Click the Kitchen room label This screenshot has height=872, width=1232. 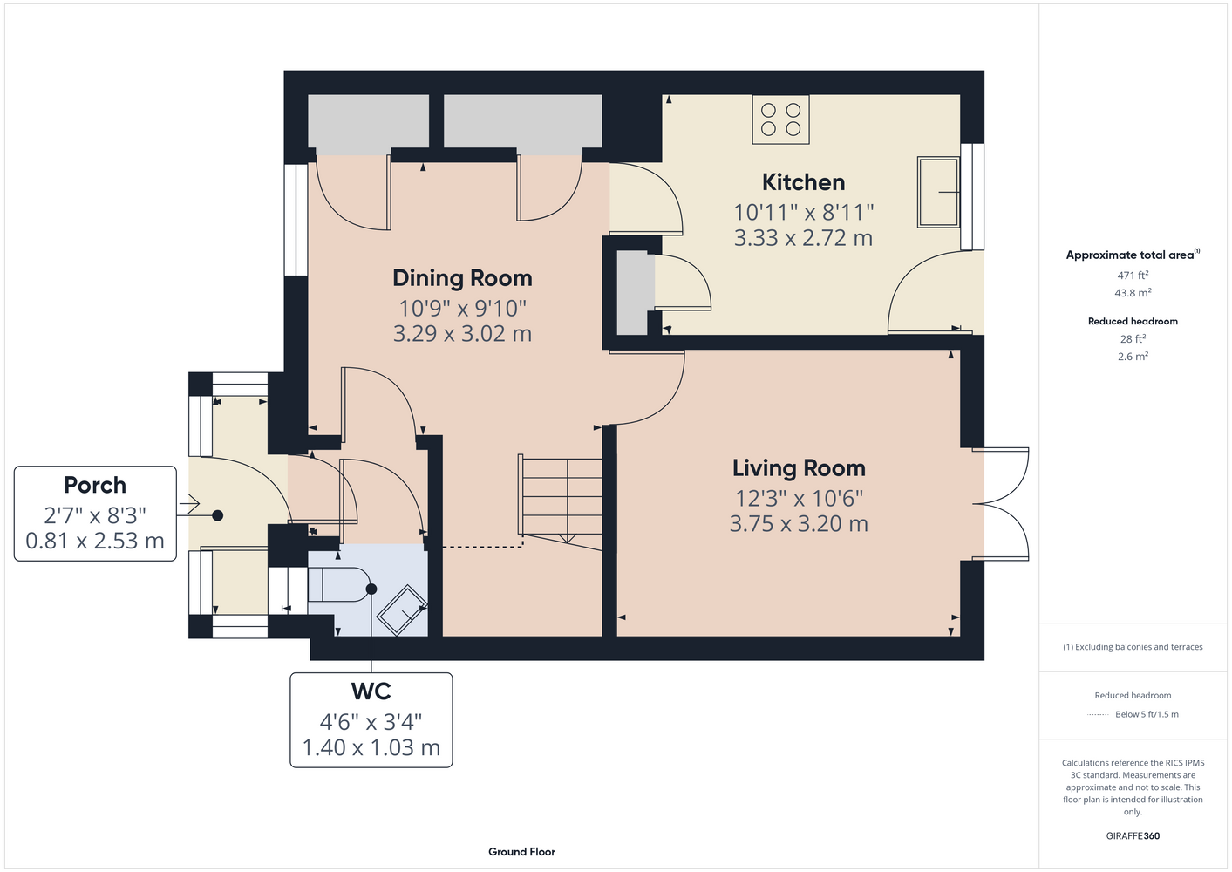pyautogui.click(x=803, y=182)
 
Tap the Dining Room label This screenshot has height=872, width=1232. pyautogui.click(x=462, y=278)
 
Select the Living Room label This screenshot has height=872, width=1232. pyautogui.click(x=799, y=468)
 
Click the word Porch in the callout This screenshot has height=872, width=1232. pyautogui.click(x=95, y=485)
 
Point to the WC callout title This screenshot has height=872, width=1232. pyautogui.click(x=371, y=691)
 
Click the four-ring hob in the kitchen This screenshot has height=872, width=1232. pyautogui.click(x=780, y=119)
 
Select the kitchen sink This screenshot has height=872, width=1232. pyautogui.click(x=938, y=192)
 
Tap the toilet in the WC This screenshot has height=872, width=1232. pyautogui.click(x=339, y=584)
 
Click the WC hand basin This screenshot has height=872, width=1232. pyautogui.click(x=402, y=610)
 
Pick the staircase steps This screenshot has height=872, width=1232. pyautogui.click(x=561, y=501)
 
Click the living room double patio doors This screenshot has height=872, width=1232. pyautogui.click(x=1000, y=504)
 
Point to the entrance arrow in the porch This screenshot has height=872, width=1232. pyautogui.click(x=188, y=504)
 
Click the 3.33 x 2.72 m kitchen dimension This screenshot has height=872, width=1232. pyautogui.click(x=803, y=238)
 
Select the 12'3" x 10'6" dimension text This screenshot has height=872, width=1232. pyautogui.click(x=800, y=499)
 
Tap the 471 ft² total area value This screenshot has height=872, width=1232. pyautogui.click(x=1133, y=275)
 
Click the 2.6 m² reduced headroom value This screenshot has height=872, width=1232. pyautogui.click(x=1133, y=356)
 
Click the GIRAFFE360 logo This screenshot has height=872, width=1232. pyautogui.click(x=1133, y=835)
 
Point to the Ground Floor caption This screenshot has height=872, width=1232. pyautogui.click(x=521, y=852)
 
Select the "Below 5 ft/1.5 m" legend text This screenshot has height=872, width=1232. pyautogui.click(x=1147, y=714)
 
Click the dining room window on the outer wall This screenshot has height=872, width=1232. pyautogui.click(x=296, y=220)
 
